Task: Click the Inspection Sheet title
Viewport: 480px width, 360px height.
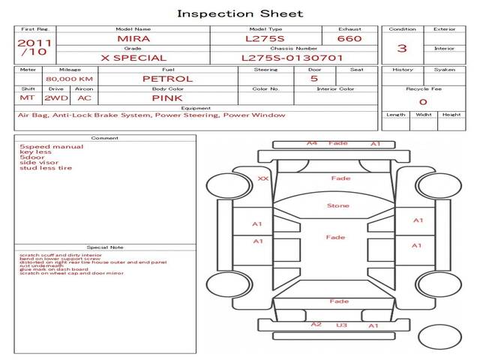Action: pyautogui.click(x=240, y=13)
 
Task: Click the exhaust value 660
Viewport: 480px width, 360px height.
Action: pyautogui.click(x=349, y=38)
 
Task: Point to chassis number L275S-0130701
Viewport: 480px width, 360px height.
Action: pyautogui.click(x=292, y=57)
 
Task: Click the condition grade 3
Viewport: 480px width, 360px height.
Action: pyautogui.click(x=402, y=48)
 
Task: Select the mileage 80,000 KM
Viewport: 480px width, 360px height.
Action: pyautogui.click(x=69, y=79)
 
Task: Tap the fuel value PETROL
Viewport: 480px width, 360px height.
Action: pyautogui.click(x=167, y=79)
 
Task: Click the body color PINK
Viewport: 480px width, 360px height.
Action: pyautogui.click(x=167, y=97)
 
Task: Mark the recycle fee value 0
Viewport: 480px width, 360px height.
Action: pyautogui.click(x=423, y=101)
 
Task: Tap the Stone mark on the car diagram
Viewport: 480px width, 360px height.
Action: pyautogui.click(x=337, y=205)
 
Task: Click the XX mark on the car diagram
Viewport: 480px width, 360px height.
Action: pyautogui.click(x=262, y=179)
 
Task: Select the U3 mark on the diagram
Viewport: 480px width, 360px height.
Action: pyautogui.click(x=341, y=325)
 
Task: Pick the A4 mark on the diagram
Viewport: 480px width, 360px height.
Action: pyautogui.click(x=312, y=142)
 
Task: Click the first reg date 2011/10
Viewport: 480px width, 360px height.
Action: pyautogui.click(x=34, y=48)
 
